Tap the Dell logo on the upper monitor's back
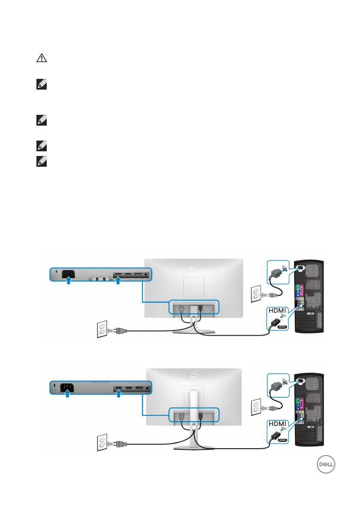pos(194,268)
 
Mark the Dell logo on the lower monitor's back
pos(194,376)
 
